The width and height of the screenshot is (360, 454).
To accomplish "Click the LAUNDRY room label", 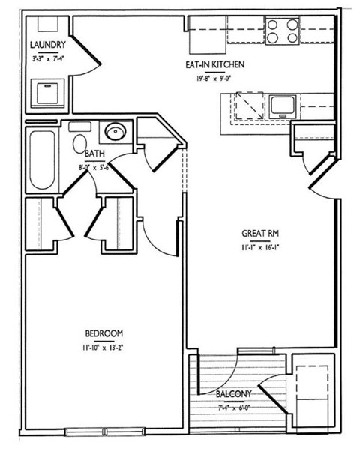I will point(47,44).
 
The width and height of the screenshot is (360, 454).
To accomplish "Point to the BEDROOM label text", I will point(103,333).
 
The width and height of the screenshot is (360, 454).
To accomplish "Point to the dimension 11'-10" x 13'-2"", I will point(103,346).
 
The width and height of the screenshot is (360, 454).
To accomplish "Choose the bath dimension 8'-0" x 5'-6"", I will point(96,165).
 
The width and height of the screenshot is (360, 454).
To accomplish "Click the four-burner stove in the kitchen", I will point(281,32).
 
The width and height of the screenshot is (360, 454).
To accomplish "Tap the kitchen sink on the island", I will point(281,104).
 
